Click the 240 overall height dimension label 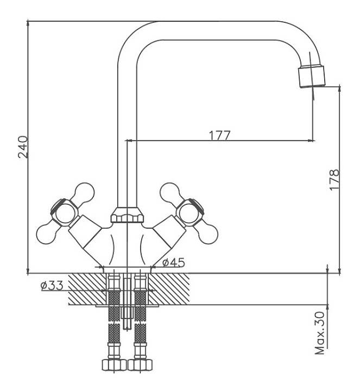tap(23, 147)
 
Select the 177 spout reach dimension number tap(220, 135)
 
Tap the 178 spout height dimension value tap(334, 180)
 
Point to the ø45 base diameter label tap(174, 262)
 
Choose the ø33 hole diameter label tap(52, 286)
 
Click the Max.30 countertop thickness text tap(320, 333)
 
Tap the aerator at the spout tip tap(312, 76)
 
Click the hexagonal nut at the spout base tap(127, 215)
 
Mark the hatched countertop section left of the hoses tap(87, 289)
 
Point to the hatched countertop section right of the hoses tap(169, 289)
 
